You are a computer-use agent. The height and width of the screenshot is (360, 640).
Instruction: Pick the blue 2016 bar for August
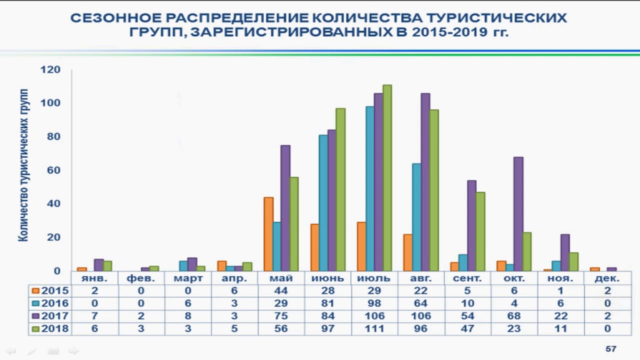[416, 217]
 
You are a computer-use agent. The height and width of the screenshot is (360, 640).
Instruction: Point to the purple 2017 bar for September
[471, 225]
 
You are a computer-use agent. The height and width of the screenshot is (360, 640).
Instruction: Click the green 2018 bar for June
[340, 189]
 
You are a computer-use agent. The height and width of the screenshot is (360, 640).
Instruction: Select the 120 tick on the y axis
[51, 69]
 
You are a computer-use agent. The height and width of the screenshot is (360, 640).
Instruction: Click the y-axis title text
[24, 165]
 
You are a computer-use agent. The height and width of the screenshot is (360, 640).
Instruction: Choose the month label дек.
[607, 278]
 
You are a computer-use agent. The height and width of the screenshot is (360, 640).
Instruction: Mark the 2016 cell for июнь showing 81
[327, 303]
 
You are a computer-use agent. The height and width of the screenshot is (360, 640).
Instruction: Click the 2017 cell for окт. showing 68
[513, 316]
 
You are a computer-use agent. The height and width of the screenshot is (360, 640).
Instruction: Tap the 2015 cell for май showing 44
[280, 291]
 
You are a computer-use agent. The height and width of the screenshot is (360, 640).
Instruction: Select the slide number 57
[610, 349]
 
